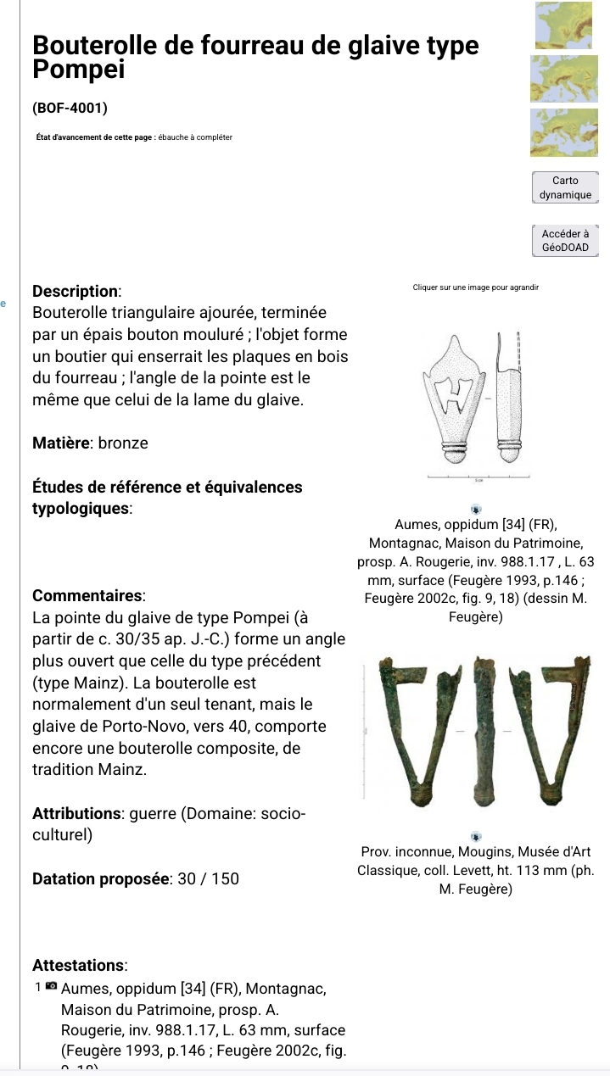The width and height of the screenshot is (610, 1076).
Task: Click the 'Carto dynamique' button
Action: coord(564,187)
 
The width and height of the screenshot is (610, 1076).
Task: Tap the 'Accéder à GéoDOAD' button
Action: coord(564,241)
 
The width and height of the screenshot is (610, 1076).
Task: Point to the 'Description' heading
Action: coord(76,290)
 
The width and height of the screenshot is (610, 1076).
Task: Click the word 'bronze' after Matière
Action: coord(125,443)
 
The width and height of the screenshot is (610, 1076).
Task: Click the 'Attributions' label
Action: coord(75,813)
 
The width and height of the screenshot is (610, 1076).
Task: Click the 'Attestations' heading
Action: coord(80,965)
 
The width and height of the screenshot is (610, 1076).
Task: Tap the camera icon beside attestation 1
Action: coord(52,987)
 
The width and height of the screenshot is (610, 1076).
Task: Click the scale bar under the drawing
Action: coord(478,479)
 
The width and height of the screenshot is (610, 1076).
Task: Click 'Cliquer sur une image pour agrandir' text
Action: coord(476,288)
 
